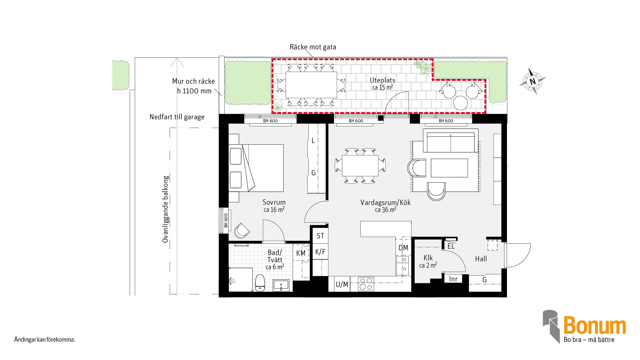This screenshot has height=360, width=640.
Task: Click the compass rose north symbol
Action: point(533,81)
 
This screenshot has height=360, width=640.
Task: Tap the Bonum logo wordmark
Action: point(595,325)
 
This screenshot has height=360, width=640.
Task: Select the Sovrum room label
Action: point(274,202)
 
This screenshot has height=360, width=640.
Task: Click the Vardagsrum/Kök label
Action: point(386,202)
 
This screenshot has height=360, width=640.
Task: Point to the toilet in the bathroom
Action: point(260,283)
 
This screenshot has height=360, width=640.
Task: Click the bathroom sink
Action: point(281,285)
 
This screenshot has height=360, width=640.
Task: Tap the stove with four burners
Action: point(366,284)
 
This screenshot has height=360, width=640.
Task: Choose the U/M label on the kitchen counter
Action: point(342,284)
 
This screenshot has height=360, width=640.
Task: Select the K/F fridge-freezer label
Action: point(320,252)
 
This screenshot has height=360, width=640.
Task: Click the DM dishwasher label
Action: point(403,248)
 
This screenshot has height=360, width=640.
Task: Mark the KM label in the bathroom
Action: point(301,253)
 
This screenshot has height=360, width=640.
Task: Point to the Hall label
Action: point(481,259)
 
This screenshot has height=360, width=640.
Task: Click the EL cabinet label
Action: point(451,246)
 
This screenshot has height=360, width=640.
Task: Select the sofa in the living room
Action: point(451,141)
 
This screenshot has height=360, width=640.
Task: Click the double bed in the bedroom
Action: point(256,168)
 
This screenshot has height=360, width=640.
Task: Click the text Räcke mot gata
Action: point(313,47)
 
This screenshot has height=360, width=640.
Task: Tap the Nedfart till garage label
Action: point(177,117)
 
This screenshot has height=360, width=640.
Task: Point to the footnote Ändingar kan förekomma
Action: point(45,340)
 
